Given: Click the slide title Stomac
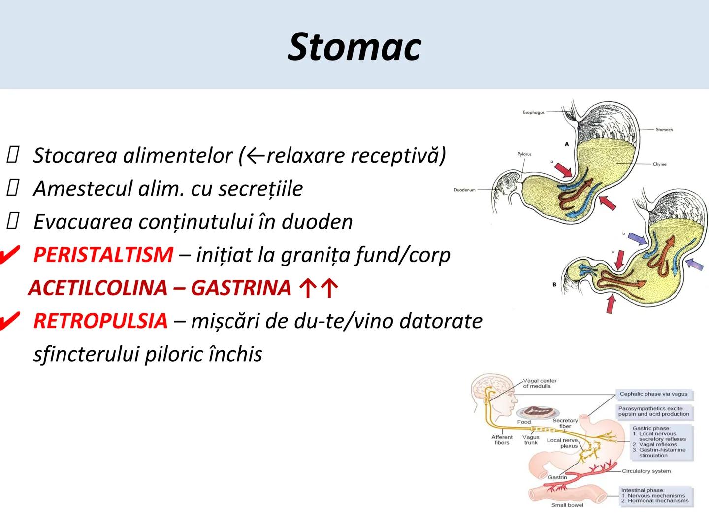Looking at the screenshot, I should click(354, 47).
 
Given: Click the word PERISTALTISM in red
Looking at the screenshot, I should click(103, 255).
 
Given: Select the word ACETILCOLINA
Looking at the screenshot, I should click(97, 288).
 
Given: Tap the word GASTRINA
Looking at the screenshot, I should click(241, 288).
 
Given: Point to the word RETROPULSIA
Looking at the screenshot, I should click(100, 321).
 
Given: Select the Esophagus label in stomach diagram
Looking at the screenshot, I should click(533, 113).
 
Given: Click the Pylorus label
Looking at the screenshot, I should click(524, 154).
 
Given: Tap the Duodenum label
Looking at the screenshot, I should click(464, 190).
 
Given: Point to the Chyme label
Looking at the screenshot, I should click(659, 164).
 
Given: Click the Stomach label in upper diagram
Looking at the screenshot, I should click(664, 130).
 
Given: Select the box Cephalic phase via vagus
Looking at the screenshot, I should click(653, 394).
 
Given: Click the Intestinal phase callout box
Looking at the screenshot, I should click(654, 496).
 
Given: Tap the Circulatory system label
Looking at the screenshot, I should click(646, 471).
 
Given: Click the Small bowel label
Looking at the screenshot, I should click(567, 505).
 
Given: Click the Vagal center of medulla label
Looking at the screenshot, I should click(539, 383).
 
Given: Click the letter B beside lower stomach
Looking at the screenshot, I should click(554, 285).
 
